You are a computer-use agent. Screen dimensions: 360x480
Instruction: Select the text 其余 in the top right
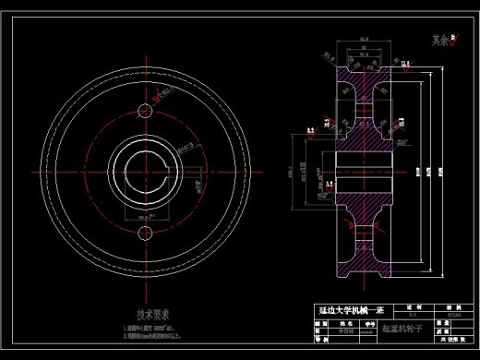click(438, 40)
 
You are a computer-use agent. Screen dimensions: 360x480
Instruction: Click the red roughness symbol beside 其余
click(454, 38)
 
